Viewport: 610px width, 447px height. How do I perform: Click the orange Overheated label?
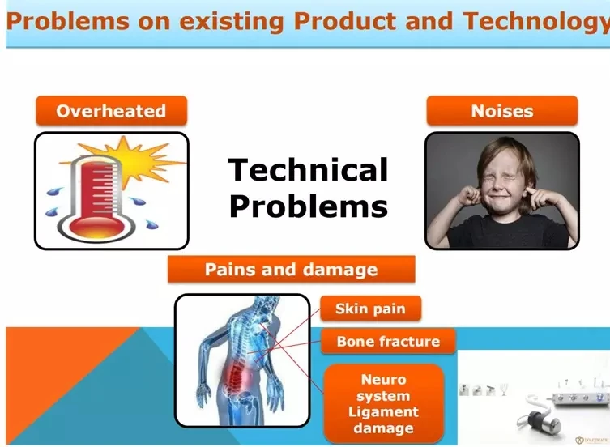[x=111, y=111]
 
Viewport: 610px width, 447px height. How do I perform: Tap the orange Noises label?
[x=501, y=111]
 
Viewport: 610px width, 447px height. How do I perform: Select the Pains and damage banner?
[x=292, y=269]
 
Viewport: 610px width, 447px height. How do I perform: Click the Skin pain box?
[x=370, y=309]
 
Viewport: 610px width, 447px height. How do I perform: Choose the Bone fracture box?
[x=388, y=341]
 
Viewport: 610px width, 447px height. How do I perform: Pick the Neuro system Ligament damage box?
[x=384, y=403]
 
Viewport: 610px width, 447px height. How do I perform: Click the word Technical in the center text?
[x=308, y=170]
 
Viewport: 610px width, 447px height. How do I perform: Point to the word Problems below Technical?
[x=309, y=206]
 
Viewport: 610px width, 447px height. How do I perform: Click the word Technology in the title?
[x=536, y=22]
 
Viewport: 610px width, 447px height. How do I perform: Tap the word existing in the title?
[x=231, y=21]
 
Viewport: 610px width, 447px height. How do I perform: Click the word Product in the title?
[x=344, y=20]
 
